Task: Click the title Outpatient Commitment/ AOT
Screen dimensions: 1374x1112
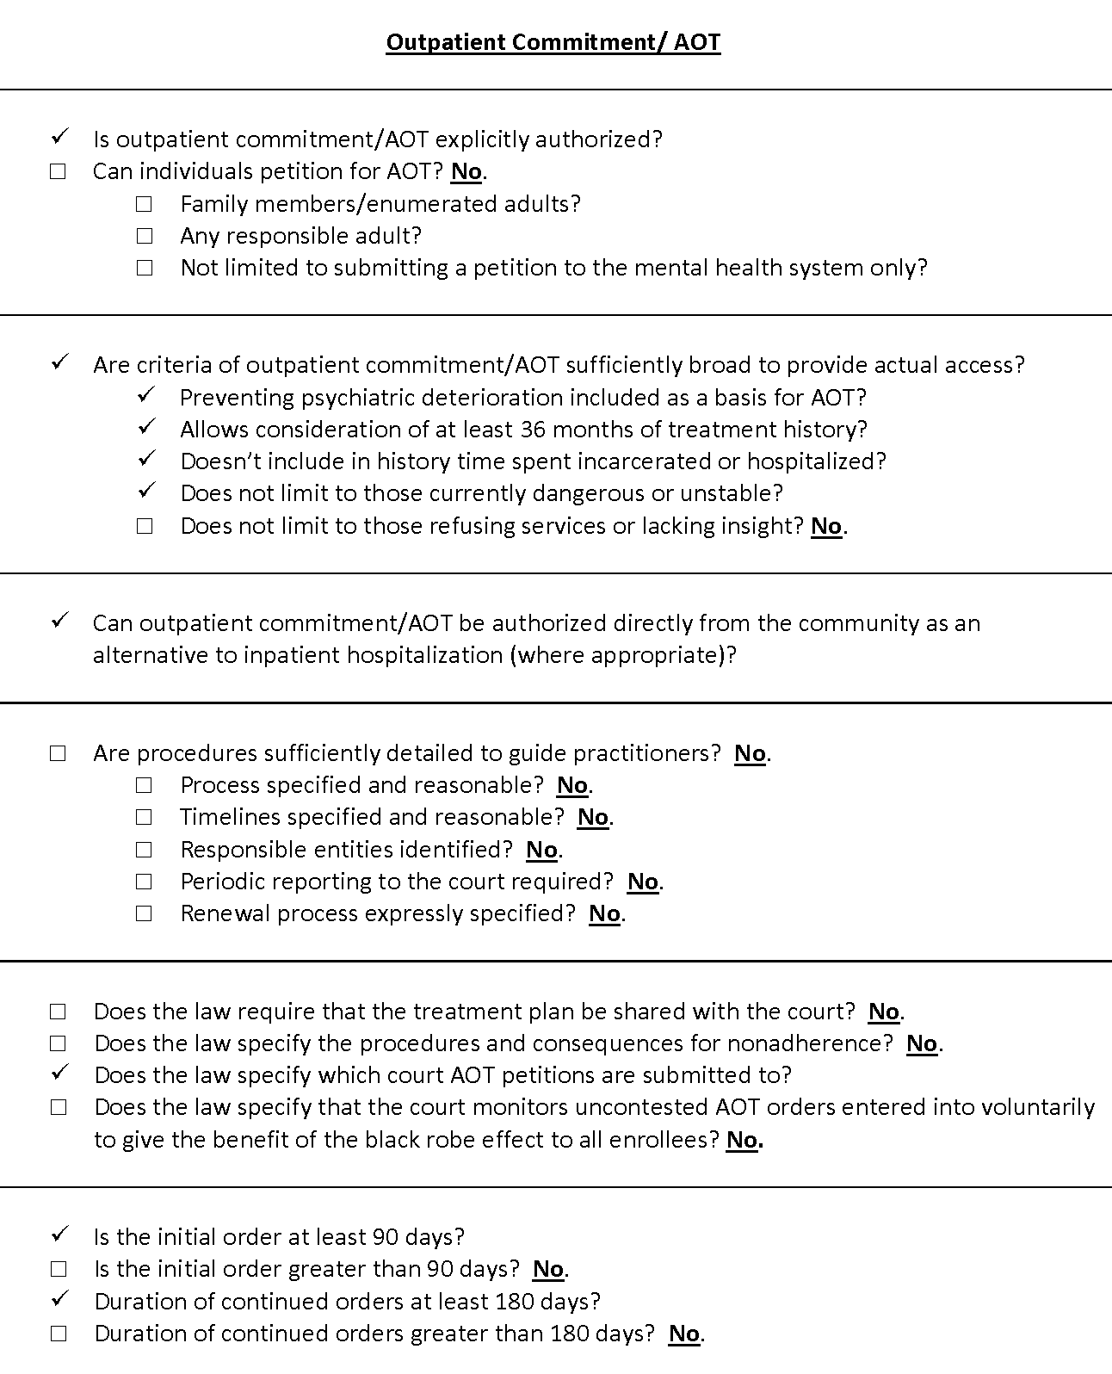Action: click(553, 42)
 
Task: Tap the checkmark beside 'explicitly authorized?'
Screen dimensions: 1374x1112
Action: click(59, 137)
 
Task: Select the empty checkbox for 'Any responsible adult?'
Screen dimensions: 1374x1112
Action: click(144, 236)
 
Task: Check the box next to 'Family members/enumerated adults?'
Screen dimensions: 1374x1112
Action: click(144, 204)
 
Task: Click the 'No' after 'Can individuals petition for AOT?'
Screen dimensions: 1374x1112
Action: click(466, 171)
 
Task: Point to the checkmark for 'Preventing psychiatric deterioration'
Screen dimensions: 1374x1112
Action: click(145, 395)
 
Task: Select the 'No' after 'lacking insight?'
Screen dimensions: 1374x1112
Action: click(826, 526)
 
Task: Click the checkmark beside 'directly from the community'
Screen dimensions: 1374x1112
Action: click(59, 621)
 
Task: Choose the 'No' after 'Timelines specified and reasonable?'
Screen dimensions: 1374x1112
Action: click(592, 817)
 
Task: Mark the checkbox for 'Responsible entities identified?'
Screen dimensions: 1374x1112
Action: click(144, 850)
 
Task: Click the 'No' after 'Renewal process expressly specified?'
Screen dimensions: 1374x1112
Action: click(604, 913)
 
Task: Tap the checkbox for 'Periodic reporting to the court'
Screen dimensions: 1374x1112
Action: click(144, 882)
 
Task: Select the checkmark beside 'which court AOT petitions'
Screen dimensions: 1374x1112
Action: click(59, 1073)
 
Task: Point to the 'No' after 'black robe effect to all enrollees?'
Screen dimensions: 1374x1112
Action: click(742, 1140)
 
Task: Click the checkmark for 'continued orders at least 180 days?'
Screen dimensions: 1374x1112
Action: click(59, 1299)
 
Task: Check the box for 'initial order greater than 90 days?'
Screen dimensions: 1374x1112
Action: click(58, 1269)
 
